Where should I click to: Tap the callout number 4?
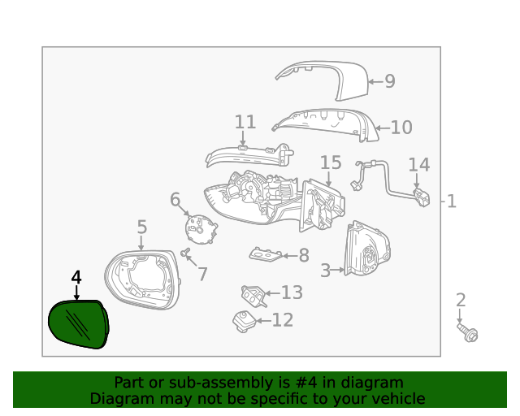tap(76, 278)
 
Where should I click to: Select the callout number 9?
tap(389, 81)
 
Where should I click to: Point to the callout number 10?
tap(401, 128)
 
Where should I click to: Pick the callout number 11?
tap(245, 123)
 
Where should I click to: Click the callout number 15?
tap(331, 163)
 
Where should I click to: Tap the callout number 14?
tap(418, 165)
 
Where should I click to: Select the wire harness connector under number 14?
tap(420, 198)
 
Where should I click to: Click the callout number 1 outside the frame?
tap(452, 201)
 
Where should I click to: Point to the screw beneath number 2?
tap(469, 333)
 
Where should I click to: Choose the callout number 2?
tap(461, 301)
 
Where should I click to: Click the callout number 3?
tap(325, 271)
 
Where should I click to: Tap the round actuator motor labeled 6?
tap(200, 227)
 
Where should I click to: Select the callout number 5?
tap(141, 227)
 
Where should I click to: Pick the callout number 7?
tap(202, 274)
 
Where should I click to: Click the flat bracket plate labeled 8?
tap(264, 256)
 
